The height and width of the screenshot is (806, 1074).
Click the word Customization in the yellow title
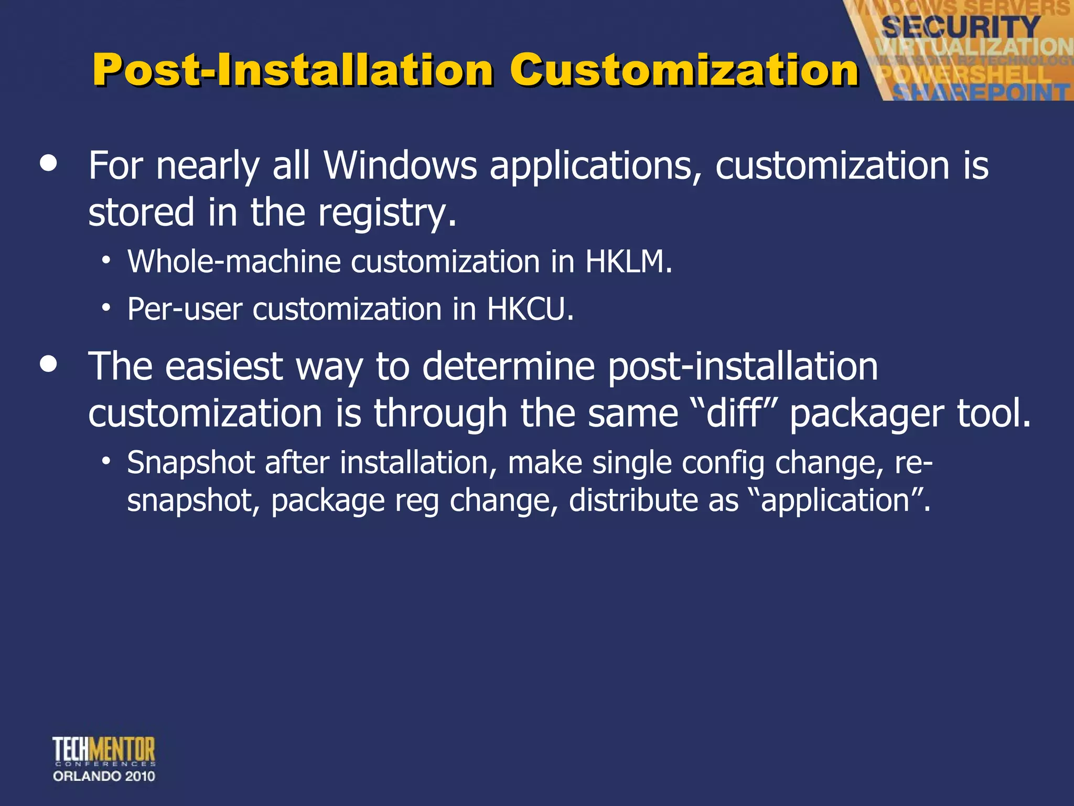[684, 70]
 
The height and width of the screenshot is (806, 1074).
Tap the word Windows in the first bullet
[400, 166]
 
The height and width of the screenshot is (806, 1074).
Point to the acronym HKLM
[628, 261]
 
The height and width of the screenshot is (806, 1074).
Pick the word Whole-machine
[234, 261]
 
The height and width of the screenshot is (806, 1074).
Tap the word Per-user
[185, 309]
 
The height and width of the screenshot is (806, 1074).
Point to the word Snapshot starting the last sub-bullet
[191, 463]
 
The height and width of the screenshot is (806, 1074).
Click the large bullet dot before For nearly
[49, 163]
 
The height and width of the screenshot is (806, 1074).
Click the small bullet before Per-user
[106, 307]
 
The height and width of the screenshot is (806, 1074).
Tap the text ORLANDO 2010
[104, 776]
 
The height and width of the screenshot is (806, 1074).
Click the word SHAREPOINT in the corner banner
[981, 92]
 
